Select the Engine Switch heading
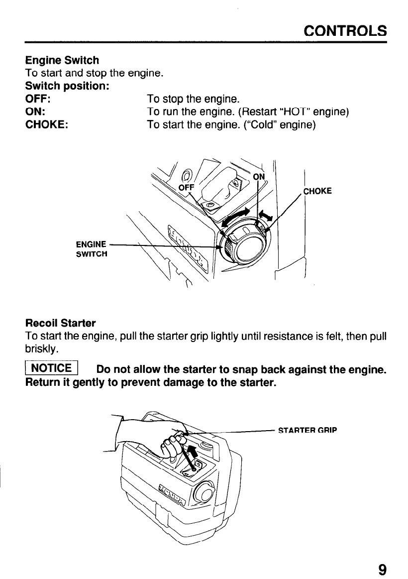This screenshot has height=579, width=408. pos(62,61)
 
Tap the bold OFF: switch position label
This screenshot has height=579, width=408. pos(36,99)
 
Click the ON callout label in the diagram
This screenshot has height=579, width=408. pos(259,177)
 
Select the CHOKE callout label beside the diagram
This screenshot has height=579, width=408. pos(317,190)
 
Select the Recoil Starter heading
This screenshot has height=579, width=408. pos(61,323)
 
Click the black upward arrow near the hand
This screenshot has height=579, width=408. pos(192,452)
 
